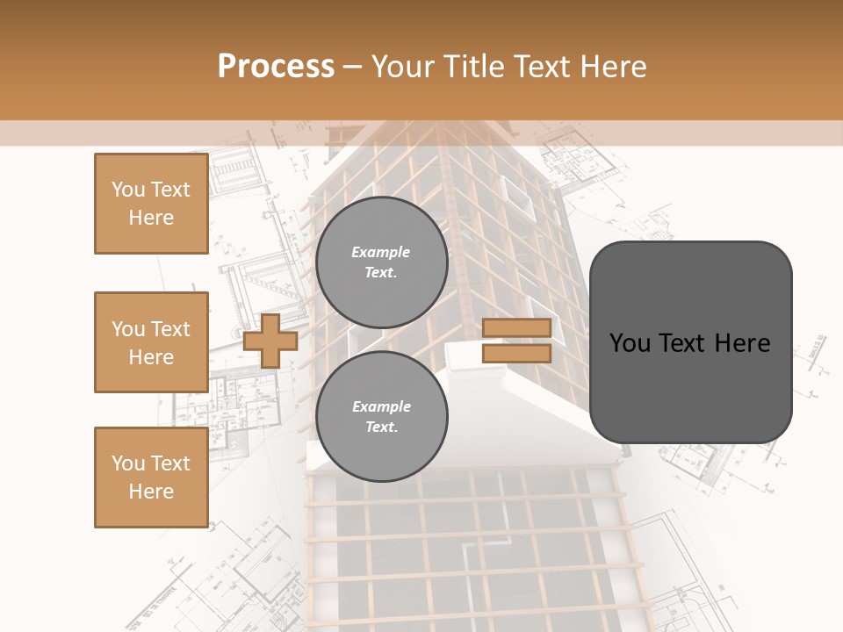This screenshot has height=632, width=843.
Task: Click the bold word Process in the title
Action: point(276,67)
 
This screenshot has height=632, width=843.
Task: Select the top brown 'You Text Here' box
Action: point(151,204)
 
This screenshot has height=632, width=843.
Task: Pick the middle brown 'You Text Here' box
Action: point(151,342)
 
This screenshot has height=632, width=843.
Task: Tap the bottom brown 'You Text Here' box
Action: point(151,478)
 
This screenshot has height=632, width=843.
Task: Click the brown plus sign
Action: point(270,341)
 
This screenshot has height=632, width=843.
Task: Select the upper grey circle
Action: point(381,262)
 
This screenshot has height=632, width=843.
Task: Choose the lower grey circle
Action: point(381,417)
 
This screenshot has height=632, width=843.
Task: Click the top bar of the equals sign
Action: point(516,328)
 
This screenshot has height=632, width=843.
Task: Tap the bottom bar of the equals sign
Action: point(516,353)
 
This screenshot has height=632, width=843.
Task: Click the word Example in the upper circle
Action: point(381,252)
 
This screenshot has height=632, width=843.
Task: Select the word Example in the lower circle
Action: point(381,406)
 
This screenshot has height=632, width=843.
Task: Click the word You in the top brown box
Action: point(128,190)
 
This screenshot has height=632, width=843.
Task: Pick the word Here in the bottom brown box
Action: point(151,492)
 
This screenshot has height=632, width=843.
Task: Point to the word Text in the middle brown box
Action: point(170,329)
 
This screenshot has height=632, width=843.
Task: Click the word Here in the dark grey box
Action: point(742,343)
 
